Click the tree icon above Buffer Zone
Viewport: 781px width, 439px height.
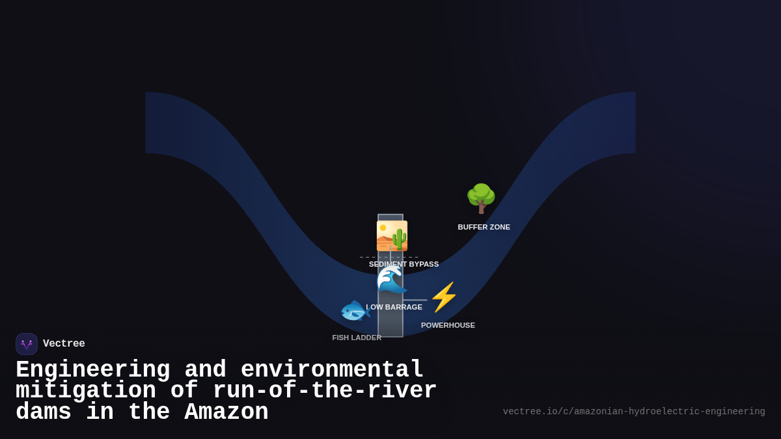click(x=481, y=198)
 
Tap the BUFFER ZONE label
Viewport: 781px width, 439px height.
click(x=484, y=227)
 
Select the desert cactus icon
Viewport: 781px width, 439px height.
click(x=392, y=235)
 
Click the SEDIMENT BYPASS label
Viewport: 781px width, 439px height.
click(x=404, y=264)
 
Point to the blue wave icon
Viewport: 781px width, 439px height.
click(x=392, y=280)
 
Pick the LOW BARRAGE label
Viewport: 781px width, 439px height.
click(x=394, y=307)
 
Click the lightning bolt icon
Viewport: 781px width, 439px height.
click(x=444, y=297)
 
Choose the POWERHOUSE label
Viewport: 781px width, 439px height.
click(x=448, y=325)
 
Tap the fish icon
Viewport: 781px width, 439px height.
click(x=355, y=310)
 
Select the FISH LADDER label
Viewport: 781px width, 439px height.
click(x=357, y=338)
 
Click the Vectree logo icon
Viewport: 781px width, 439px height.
click(x=27, y=344)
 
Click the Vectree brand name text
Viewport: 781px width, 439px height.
click(x=64, y=344)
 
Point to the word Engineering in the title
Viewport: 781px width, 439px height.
click(x=92, y=370)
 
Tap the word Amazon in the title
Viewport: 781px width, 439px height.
click(x=226, y=412)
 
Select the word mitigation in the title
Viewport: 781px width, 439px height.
click(x=85, y=391)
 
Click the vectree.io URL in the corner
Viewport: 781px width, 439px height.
click(x=634, y=412)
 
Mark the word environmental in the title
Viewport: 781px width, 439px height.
click(x=332, y=370)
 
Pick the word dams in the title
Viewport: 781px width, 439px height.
click(x=43, y=412)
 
